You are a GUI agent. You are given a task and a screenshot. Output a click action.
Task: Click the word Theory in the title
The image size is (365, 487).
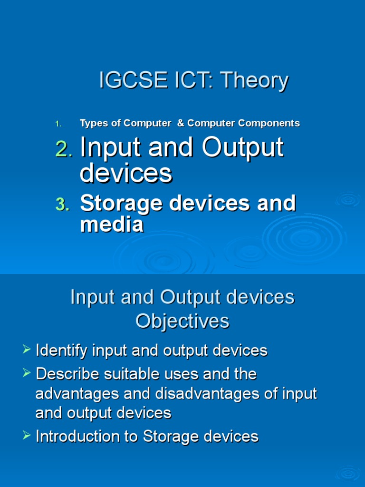tap(255, 81)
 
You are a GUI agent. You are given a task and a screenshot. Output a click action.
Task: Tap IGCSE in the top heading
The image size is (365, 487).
tap(133, 80)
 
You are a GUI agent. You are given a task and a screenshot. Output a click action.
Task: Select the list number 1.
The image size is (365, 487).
tap(58, 124)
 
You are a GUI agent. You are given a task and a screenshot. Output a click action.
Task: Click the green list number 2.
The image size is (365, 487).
tap(64, 149)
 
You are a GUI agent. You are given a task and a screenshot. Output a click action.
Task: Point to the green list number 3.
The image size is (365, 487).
tap(63, 205)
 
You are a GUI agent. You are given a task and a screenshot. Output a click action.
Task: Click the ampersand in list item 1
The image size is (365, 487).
tap(181, 123)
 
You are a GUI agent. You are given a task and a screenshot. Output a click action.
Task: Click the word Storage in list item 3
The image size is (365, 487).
tap(121, 204)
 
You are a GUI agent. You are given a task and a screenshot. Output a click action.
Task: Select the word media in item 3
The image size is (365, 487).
tap(112, 224)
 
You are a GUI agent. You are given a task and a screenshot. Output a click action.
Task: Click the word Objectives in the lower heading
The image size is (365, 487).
tap(182, 321)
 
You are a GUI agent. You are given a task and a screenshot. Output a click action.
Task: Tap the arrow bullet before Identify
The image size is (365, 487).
tap(27, 349)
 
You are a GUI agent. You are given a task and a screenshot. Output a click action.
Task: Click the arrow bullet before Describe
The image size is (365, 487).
tap(27, 372)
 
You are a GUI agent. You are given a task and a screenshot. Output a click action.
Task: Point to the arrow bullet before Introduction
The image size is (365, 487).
tap(27, 435)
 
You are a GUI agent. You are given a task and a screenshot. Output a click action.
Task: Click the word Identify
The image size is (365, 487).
tap(61, 351)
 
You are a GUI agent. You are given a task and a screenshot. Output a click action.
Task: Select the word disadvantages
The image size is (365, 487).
tap(207, 394)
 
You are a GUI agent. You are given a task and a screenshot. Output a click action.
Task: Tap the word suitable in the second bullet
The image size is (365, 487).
tap(132, 374)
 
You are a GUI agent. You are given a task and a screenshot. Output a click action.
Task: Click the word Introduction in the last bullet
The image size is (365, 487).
tap(77, 436)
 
